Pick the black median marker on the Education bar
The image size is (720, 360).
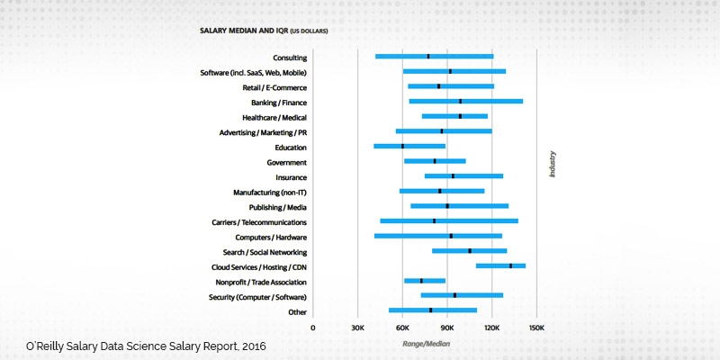pyautogui.click(x=402, y=146)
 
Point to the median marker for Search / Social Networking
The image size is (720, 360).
pyautogui.click(x=470, y=251)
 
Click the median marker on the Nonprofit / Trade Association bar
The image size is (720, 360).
pyautogui.click(x=421, y=281)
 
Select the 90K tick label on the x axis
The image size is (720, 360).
pyautogui.click(x=447, y=328)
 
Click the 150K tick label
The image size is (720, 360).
pyautogui.click(x=536, y=328)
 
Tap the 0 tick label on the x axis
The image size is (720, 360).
pyautogui.click(x=313, y=328)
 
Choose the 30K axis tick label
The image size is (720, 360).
pyautogui.click(x=358, y=328)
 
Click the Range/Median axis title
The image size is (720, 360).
pyautogui.click(x=425, y=342)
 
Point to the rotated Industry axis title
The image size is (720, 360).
pyautogui.click(x=552, y=164)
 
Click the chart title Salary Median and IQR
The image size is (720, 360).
pyautogui.click(x=264, y=31)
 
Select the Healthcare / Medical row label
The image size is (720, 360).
pyautogui.click(x=274, y=117)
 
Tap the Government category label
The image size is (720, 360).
pyautogui.click(x=287, y=162)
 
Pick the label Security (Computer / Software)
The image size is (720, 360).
pyautogui.click(x=257, y=296)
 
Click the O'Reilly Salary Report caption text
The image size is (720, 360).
pyautogui.click(x=146, y=346)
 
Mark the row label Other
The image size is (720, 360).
pyautogui.click(x=297, y=311)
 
